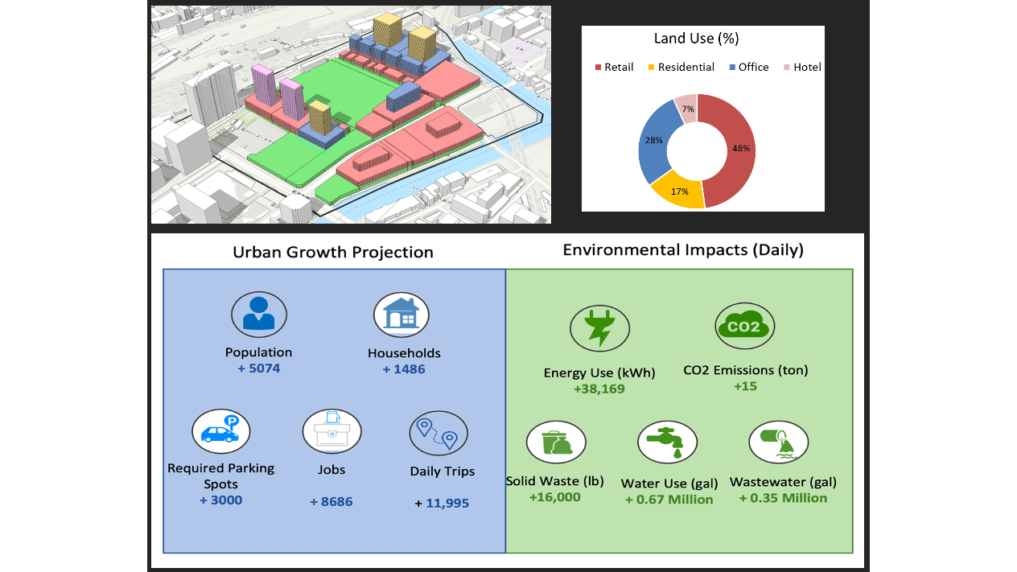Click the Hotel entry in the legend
pyautogui.click(x=802, y=68)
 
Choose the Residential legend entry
pyautogui.click(x=680, y=68)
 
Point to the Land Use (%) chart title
pyautogui.click(x=703, y=39)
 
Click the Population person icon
pyautogui.click(x=259, y=314)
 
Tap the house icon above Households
pyautogui.click(x=401, y=314)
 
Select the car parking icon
pyautogui.click(x=220, y=430)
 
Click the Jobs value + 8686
pyautogui.click(x=331, y=502)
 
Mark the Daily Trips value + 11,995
pyautogui.click(x=442, y=504)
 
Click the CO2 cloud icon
pyautogui.click(x=744, y=326)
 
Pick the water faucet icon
pyautogui.click(x=667, y=442)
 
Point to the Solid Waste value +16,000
pyautogui.click(x=554, y=498)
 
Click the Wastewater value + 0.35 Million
pyautogui.click(x=783, y=498)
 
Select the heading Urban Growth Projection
pyautogui.click(x=333, y=252)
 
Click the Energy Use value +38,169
pyautogui.click(x=599, y=389)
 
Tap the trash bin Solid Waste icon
pyautogui.click(x=556, y=443)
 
